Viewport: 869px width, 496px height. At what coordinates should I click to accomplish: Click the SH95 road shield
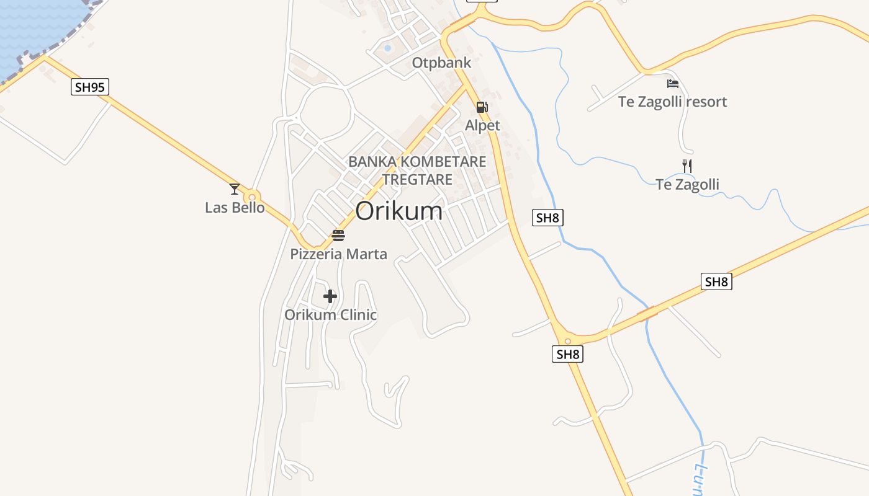pyautogui.click(x=90, y=87)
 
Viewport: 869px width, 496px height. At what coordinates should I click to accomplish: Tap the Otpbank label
pyautogui.click(x=441, y=63)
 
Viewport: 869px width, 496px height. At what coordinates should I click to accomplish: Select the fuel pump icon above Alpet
pyautogui.click(x=482, y=107)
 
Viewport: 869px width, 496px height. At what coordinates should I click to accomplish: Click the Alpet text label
pyautogui.click(x=482, y=126)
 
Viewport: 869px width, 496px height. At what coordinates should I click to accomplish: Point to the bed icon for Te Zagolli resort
pyautogui.click(x=673, y=84)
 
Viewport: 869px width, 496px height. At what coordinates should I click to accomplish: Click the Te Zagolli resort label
pyautogui.click(x=672, y=102)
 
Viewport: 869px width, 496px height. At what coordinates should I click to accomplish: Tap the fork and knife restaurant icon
pyautogui.click(x=687, y=166)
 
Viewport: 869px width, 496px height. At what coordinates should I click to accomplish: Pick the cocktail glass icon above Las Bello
pyautogui.click(x=235, y=189)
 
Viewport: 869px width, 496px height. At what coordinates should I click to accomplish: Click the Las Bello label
pyautogui.click(x=235, y=208)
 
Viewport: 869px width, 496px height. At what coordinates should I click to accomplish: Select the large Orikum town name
pyautogui.click(x=399, y=211)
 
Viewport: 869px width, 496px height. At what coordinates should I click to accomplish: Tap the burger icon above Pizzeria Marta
pyautogui.click(x=338, y=236)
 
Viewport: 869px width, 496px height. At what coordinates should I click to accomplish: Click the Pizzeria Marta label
pyautogui.click(x=338, y=254)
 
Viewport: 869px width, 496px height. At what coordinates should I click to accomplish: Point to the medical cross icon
pyautogui.click(x=330, y=296)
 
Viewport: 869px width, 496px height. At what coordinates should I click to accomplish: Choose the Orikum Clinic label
pyautogui.click(x=330, y=315)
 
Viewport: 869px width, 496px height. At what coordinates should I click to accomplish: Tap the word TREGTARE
pyautogui.click(x=417, y=180)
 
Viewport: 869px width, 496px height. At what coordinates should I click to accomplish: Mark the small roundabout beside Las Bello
pyautogui.click(x=252, y=198)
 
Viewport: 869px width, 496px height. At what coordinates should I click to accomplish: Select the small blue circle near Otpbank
pyautogui.click(x=388, y=48)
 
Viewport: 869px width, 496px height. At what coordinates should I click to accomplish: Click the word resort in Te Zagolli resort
pyautogui.click(x=704, y=102)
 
